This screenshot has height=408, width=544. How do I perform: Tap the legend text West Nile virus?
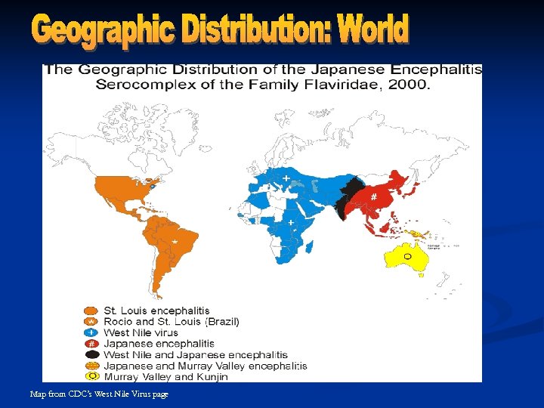click(141, 332)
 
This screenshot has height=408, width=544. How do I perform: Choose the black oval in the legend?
click(91, 354)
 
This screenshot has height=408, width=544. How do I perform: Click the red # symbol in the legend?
click(91, 344)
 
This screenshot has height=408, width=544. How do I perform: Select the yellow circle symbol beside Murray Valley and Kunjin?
click(91, 376)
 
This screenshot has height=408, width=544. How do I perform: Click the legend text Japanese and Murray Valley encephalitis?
click(205, 366)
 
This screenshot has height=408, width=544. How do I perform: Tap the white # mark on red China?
click(373, 196)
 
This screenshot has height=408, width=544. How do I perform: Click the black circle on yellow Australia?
click(406, 256)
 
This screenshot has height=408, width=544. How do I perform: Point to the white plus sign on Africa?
click(291, 223)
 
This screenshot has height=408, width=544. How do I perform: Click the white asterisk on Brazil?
click(175, 241)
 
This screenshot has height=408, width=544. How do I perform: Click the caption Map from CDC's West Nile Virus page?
click(99, 394)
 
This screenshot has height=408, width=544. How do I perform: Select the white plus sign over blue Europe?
click(286, 178)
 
